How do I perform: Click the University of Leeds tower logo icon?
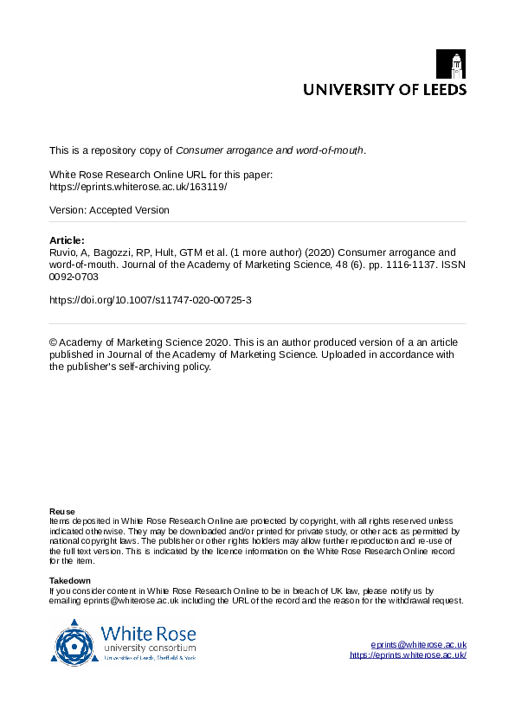coord(456,65)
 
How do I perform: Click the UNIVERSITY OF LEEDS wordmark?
coord(383,89)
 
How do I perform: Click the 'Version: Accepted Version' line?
coord(109,210)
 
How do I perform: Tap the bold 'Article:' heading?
coord(68,240)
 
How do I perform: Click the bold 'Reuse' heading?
coord(61,511)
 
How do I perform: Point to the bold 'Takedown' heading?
coord(70,579)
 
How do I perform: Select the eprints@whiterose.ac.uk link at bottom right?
coord(418,645)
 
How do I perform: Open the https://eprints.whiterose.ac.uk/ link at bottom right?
coord(408,655)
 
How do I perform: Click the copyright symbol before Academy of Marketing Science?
coord(54,343)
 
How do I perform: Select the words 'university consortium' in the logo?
coord(149,648)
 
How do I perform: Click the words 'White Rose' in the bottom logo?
coord(149,633)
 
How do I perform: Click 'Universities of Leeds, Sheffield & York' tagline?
coord(149,658)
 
